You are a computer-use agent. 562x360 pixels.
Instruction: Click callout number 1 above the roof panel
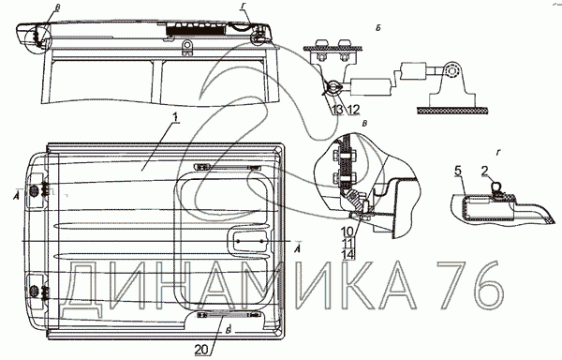coord(175,117)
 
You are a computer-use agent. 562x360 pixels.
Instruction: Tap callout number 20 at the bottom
coord(202,350)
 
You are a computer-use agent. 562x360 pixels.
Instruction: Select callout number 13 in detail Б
coord(337,110)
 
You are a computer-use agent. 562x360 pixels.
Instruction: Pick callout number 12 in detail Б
coord(353,110)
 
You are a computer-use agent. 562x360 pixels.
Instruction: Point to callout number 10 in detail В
coord(348,232)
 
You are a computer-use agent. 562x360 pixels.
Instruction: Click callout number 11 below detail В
coord(348,244)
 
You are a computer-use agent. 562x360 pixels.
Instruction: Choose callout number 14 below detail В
coord(348,255)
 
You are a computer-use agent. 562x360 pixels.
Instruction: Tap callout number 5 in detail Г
coord(458,171)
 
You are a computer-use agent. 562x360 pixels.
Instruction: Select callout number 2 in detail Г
coord(485,171)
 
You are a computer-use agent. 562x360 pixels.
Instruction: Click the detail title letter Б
coord(378,28)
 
